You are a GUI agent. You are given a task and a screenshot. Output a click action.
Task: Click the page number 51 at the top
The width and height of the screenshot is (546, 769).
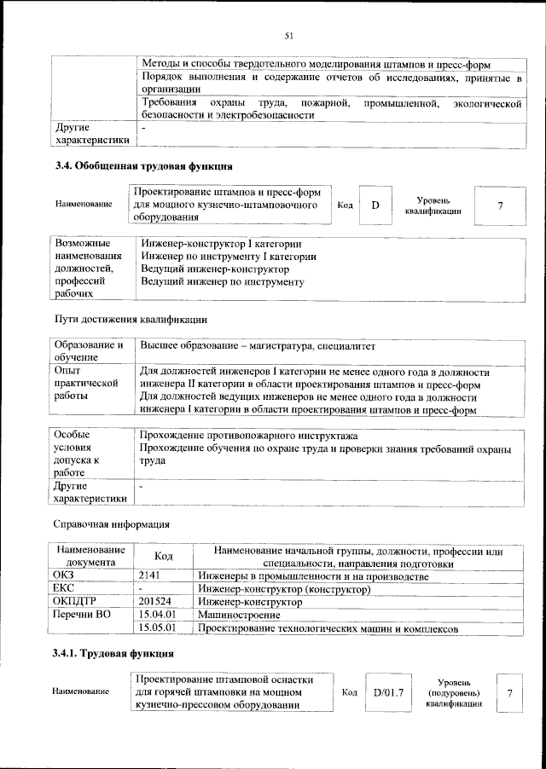point(289,35)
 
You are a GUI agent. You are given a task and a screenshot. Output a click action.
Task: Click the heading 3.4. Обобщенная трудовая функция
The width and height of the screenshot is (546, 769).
point(143,166)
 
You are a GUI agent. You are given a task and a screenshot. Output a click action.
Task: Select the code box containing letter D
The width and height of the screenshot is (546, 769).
point(375,205)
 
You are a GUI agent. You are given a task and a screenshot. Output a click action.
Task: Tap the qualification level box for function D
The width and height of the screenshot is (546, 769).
point(499,205)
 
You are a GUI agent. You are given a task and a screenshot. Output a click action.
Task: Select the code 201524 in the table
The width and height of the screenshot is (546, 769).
point(154,602)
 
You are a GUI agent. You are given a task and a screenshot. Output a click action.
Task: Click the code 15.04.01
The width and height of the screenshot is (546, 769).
point(157,615)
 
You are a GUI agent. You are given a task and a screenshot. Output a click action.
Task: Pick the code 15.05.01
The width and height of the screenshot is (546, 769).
point(157,628)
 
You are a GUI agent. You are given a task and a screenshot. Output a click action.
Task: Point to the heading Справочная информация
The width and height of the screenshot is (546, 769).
point(111,523)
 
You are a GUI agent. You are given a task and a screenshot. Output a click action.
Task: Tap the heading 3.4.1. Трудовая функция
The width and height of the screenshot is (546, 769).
point(115,654)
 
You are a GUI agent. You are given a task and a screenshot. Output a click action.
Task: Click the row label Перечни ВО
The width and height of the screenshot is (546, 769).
point(82,615)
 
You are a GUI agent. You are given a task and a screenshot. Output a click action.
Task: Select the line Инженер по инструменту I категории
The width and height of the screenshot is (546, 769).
point(229,256)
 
